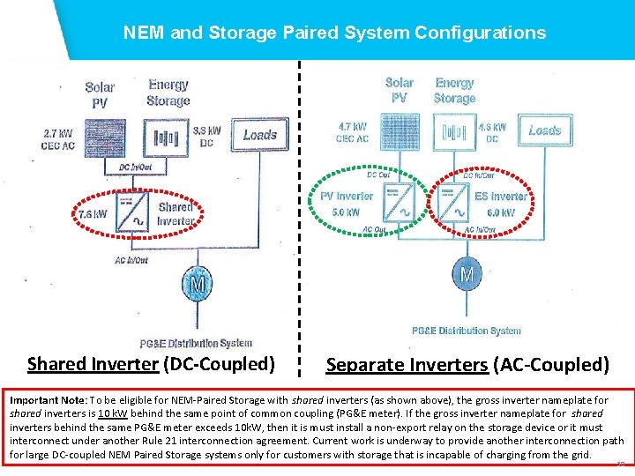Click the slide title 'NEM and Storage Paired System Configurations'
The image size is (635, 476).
tap(334, 33)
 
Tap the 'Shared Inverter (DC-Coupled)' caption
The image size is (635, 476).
tap(151, 363)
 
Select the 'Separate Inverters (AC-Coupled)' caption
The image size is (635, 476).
tap(467, 364)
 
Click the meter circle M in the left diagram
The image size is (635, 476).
tap(197, 284)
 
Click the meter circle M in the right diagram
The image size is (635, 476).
tap(466, 274)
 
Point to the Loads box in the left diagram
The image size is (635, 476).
tap(259, 135)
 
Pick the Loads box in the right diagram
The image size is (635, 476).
tap(544, 130)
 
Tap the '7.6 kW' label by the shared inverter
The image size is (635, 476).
tap(93, 214)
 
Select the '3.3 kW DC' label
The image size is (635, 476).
tap(206, 136)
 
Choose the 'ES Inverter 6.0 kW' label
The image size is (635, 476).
tap(501, 204)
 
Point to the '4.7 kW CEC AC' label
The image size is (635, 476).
tap(352, 132)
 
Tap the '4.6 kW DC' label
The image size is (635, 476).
tap(492, 132)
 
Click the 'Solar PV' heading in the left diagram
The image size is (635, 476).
tap(100, 94)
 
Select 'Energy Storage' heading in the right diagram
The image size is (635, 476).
tap(454, 91)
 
